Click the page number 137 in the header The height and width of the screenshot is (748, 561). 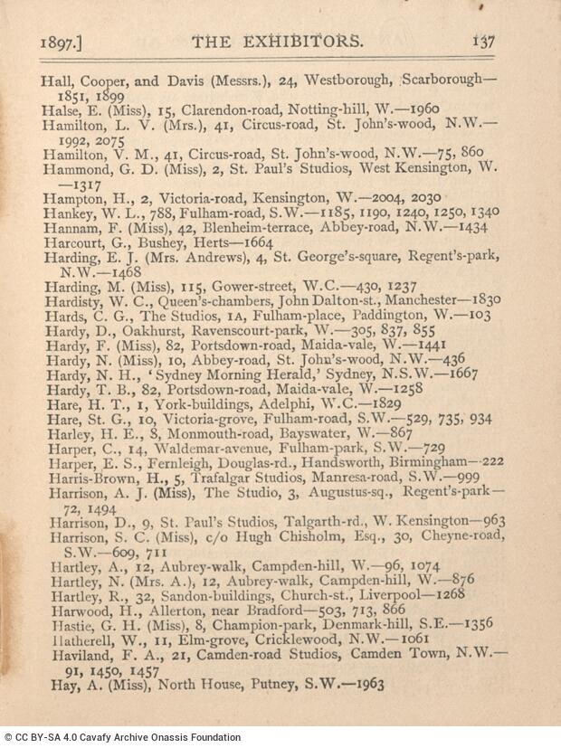(481, 42)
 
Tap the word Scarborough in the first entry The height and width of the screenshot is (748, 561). (450, 80)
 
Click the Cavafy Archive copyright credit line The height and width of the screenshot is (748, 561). (122, 737)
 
